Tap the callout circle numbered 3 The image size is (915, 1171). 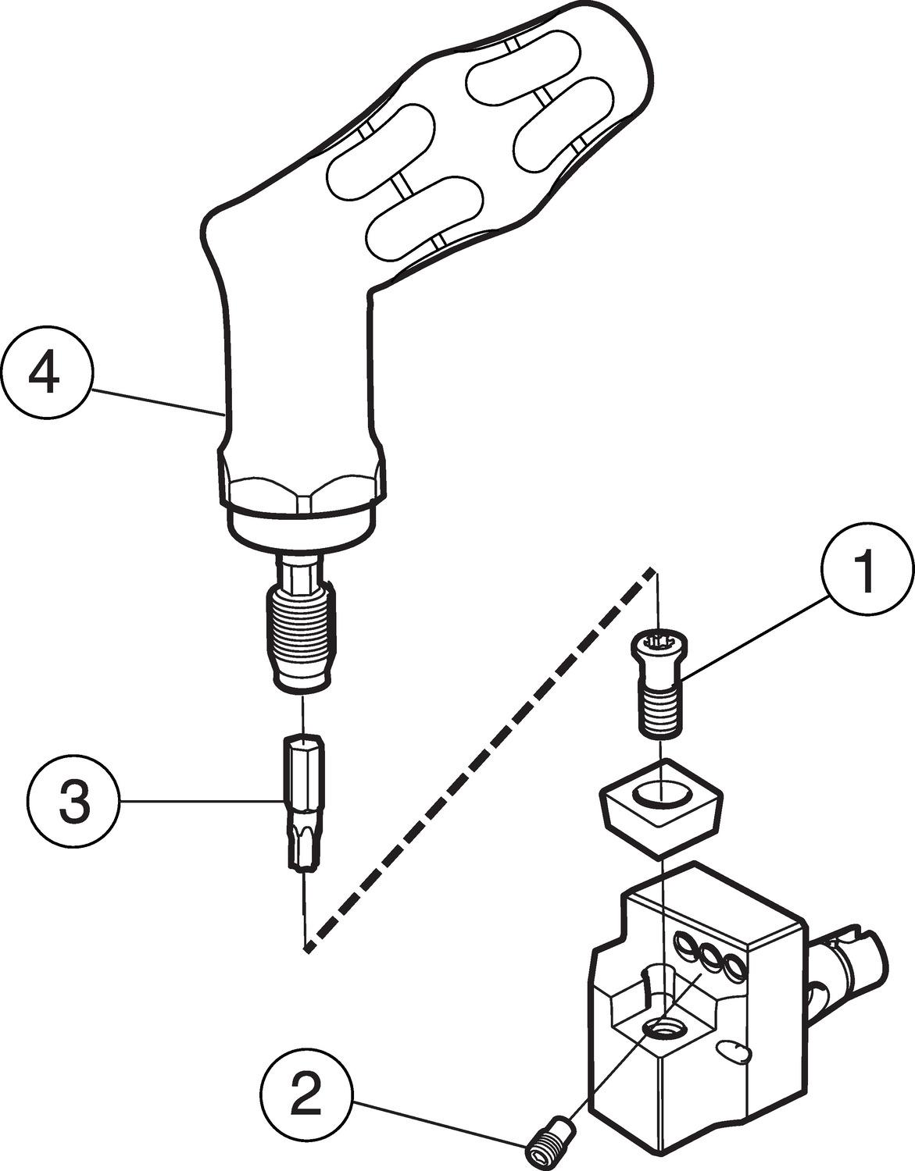(73, 802)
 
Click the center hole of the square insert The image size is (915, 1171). (661, 795)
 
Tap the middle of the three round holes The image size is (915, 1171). (712, 957)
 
